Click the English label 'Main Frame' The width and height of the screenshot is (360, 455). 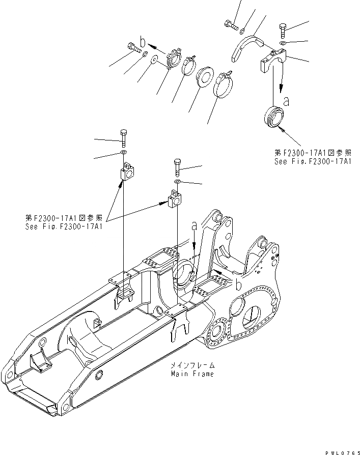[x=192, y=374]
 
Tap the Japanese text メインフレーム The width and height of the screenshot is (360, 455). [x=192, y=365]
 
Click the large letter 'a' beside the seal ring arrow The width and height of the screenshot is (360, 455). [x=287, y=102]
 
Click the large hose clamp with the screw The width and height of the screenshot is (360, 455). [x=223, y=84]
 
